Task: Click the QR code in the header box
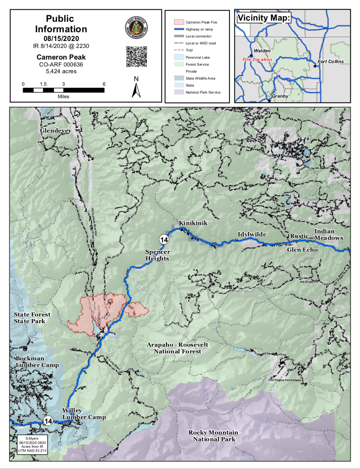pyautogui.click(x=136, y=57)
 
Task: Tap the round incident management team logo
pyautogui.click(x=136, y=28)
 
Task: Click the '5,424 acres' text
pyautogui.click(x=61, y=71)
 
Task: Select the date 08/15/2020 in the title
pyautogui.click(x=61, y=38)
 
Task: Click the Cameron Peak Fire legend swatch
pyautogui.click(x=179, y=22)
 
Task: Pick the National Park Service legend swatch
pyautogui.click(x=179, y=92)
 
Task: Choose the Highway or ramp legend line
pyautogui.click(x=179, y=29)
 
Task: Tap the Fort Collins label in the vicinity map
pyautogui.click(x=330, y=61)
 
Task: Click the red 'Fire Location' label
pyautogui.click(x=257, y=59)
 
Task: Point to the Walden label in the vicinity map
pyautogui.click(x=262, y=50)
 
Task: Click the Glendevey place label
pyautogui.click(x=56, y=130)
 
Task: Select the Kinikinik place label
pyautogui.click(x=193, y=223)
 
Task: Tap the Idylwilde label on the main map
pyautogui.click(x=252, y=234)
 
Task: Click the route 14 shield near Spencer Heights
pyautogui.click(x=164, y=240)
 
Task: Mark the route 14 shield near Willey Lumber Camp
pyautogui.click(x=48, y=421)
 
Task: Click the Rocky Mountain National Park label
pyautogui.click(x=214, y=435)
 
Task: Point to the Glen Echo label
pyautogui.click(x=302, y=249)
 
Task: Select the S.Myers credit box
pyautogui.click(x=32, y=444)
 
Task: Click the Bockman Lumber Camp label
pyautogui.click(x=37, y=362)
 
